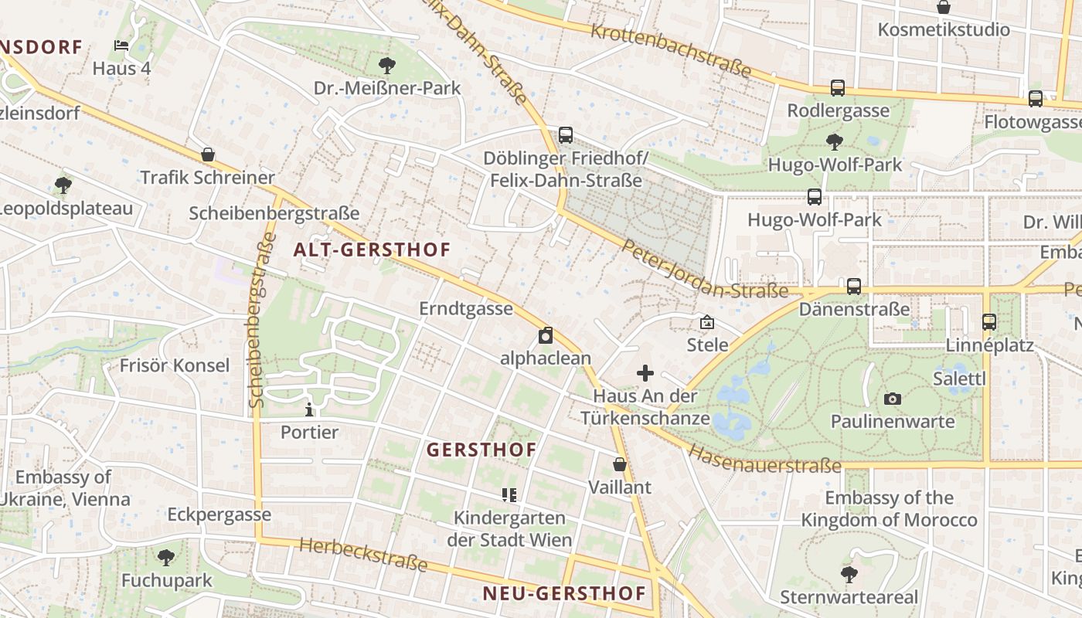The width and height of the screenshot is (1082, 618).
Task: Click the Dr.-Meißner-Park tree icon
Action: pos(387,65)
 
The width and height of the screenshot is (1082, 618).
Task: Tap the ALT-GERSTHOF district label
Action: pos(372,250)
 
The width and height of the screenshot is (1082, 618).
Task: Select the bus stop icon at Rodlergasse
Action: pos(838,88)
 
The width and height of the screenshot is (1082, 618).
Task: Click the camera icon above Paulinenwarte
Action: pos(893,399)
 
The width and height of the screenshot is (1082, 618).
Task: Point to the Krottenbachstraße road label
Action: pos(671,50)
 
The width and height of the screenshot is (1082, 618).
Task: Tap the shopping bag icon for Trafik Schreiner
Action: pos(207,154)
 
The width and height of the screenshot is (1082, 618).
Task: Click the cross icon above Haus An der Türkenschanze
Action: pos(645,374)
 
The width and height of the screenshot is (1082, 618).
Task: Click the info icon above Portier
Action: pos(309,409)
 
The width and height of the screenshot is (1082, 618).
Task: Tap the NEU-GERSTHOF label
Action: pos(564,593)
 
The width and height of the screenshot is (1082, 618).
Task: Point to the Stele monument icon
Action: pos(706,322)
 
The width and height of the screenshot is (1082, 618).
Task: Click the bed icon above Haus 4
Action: pos(121,46)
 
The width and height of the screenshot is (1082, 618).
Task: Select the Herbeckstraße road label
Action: pos(363,555)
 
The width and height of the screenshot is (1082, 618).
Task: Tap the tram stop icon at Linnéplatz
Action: pos(989,322)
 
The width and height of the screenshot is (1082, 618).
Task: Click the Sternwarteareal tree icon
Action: pos(849,574)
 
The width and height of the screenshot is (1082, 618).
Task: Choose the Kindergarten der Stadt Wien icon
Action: pos(509,494)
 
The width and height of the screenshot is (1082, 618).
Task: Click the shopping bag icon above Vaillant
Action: pos(620,464)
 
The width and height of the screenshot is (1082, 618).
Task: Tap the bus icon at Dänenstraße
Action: pos(854,287)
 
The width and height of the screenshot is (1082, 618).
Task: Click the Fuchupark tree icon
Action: pos(165,557)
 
